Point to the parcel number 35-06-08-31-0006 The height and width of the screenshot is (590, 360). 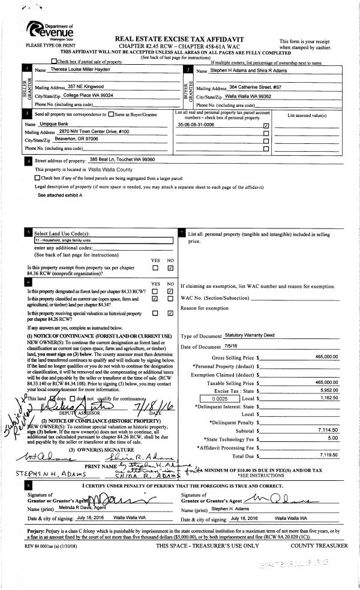click(x=196, y=125)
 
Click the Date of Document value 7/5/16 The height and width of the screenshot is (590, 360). click(x=217, y=347)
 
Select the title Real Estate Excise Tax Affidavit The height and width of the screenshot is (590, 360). click(x=180, y=37)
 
